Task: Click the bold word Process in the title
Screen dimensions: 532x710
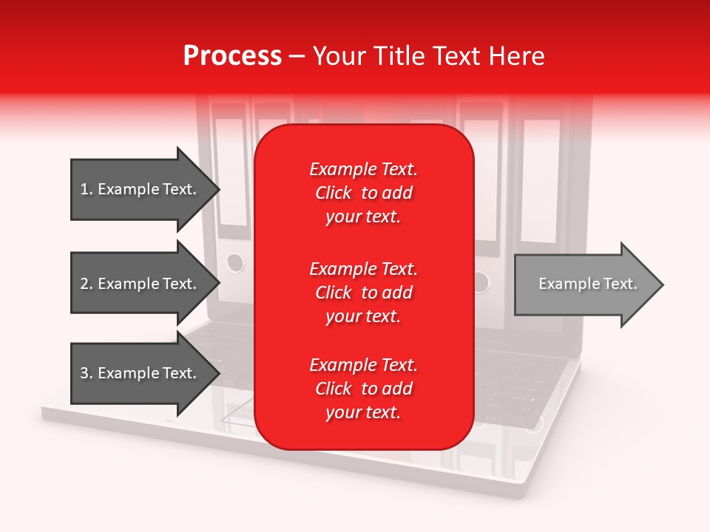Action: [232, 56]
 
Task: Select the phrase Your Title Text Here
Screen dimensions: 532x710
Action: [429, 56]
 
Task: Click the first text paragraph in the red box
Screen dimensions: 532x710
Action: [363, 193]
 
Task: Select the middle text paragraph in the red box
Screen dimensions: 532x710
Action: [363, 293]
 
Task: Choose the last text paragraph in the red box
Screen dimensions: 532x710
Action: [363, 389]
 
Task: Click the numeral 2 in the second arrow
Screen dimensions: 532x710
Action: [84, 284]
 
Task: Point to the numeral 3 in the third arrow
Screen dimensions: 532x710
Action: [84, 373]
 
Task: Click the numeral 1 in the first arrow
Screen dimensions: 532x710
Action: [84, 189]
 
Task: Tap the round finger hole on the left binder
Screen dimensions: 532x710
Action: [234, 262]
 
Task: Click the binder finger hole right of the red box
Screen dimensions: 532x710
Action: [481, 282]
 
